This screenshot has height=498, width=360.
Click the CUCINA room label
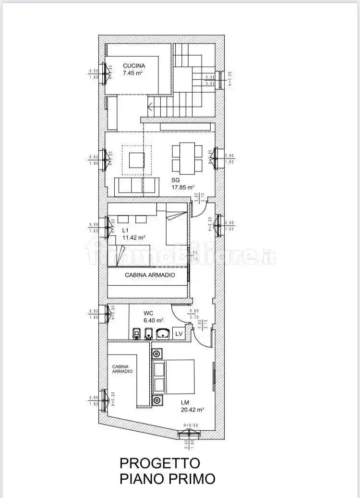[x=134, y=66]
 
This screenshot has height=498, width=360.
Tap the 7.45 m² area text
[x=133, y=73]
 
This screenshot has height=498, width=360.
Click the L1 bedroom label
[x=125, y=230]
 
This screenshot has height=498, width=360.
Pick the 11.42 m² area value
[x=134, y=237]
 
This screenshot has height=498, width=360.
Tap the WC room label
[x=148, y=313]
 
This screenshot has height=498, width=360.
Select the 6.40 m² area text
[x=154, y=320]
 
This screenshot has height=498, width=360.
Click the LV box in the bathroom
[x=179, y=333]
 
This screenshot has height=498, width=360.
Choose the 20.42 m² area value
[x=192, y=410]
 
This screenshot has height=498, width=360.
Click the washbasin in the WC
[x=164, y=333]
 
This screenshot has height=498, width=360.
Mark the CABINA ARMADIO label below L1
[x=150, y=275]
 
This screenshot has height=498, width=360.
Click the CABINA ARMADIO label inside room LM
[x=122, y=368]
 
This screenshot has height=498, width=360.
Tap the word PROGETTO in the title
[x=159, y=463]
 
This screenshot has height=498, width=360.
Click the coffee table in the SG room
[x=137, y=160]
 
